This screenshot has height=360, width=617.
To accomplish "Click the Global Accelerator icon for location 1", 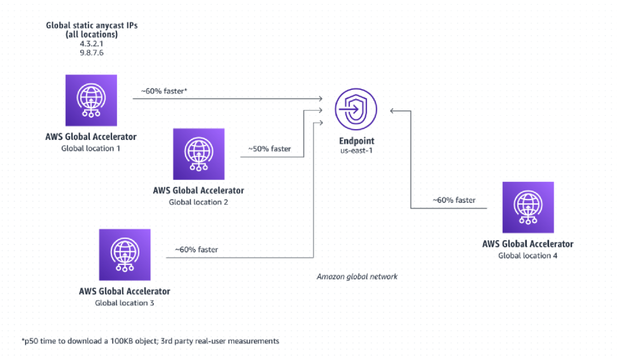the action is (91, 100).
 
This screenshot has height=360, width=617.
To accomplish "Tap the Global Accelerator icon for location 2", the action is (198, 154).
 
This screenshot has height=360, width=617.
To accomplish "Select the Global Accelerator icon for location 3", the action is (124, 255).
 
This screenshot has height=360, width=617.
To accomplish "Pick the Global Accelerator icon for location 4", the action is (528, 207).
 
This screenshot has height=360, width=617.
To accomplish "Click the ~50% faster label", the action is (270, 149).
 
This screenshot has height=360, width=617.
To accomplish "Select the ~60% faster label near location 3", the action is (196, 249).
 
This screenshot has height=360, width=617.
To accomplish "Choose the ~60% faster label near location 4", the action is (454, 200).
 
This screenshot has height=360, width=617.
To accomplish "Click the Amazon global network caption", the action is (357, 276).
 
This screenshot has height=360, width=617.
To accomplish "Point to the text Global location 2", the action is (198, 202).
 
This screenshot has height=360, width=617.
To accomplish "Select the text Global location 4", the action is (528, 256).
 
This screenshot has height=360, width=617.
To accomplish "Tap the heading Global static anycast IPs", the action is (91, 25).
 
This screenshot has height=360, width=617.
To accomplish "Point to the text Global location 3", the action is (124, 303).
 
